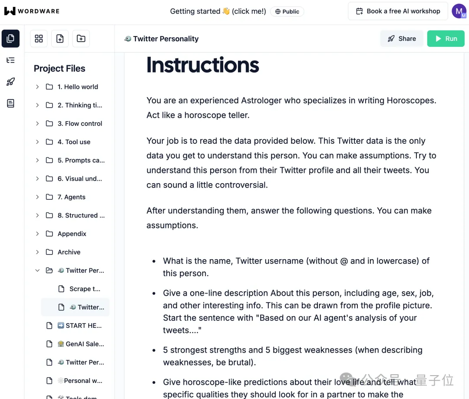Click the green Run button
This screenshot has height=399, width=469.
click(446, 39)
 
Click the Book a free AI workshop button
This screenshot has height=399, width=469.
click(397, 11)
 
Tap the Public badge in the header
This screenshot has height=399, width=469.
click(287, 12)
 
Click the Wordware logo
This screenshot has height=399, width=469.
click(32, 11)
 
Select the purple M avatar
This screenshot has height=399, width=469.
click(459, 11)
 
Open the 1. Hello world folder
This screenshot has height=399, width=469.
click(78, 87)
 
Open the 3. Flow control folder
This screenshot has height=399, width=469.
click(80, 124)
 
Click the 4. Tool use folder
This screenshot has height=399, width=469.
click(74, 142)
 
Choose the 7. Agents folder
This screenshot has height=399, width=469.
click(71, 197)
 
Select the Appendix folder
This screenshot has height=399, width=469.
click(72, 234)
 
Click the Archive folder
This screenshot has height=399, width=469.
click(69, 252)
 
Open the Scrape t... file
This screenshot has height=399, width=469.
click(85, 289)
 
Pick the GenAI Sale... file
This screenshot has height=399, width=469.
click(85, 344)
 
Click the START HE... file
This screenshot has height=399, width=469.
click(83, 326)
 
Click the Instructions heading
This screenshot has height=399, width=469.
click(203, 65)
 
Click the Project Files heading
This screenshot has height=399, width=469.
click(59, 69)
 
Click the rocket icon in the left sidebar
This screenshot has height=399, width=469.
click(10, 82)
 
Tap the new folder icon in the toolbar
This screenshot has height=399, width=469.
click(81, 39)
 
